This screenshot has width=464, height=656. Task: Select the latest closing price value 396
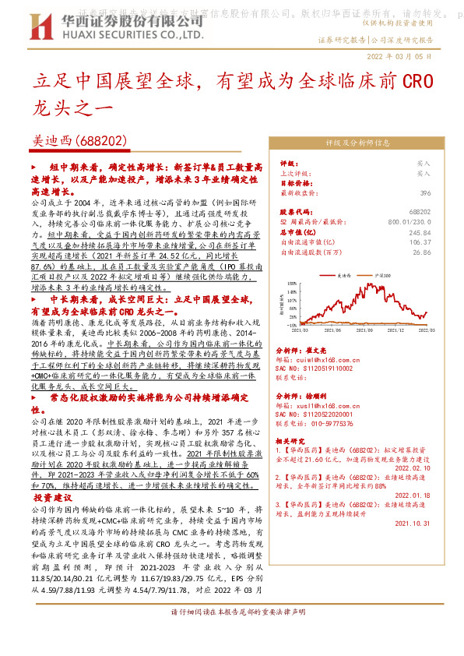point(425,192)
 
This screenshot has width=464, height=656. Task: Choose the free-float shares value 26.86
point(422,252)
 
